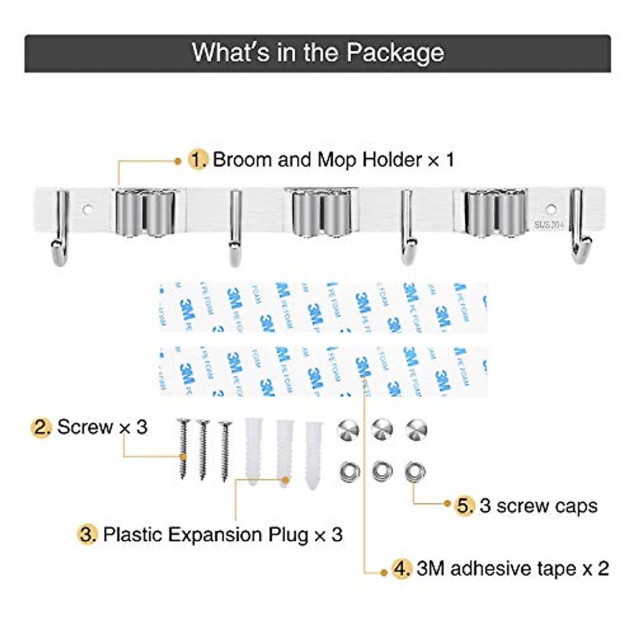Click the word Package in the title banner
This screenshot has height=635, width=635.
tap(395, 53)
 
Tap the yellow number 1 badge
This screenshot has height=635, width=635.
tap(198, 160)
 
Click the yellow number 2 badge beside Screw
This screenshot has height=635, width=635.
tap(41, 427)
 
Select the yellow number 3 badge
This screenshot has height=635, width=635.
tap(88, 534)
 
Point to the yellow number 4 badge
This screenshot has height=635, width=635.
tap(402, 569)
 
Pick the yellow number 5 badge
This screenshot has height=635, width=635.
tap(465, 506)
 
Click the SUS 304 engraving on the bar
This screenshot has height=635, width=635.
tap(549, 224)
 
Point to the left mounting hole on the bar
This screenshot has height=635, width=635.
tap(88, 210)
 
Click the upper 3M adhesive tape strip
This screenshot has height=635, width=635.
tap(323, 307)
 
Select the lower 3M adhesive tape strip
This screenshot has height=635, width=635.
tap(323, 371)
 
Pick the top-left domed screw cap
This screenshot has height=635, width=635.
tap(348, 429)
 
